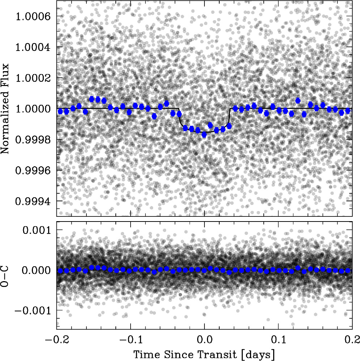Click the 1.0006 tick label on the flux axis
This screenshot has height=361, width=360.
tap(33, 16)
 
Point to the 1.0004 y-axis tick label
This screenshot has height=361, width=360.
tap(33, 47)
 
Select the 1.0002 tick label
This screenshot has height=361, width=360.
tap(33, 78)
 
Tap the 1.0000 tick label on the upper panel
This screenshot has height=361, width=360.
tap(33, 108)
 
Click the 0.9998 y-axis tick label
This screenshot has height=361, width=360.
tap(33, 139)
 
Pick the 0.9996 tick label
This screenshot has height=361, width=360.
tap(33, 170)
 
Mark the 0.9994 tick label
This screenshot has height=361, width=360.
tap(33, 201)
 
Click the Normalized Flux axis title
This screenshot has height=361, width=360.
tap(5, 109)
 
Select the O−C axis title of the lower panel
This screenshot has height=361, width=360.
tap(5, 276)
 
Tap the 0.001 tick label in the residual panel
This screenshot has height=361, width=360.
tap(37, 230)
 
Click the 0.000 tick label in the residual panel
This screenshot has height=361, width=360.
tap(37, 270)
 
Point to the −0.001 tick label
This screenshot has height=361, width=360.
tap(33, 310)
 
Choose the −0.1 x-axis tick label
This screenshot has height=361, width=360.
tap(131, 340)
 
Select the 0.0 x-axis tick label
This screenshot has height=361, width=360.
tap(204, 340)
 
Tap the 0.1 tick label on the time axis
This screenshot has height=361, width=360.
tap(279, 340)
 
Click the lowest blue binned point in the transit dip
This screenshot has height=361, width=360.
tap(204, 135)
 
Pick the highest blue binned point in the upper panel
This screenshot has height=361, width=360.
tap(92, 99)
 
